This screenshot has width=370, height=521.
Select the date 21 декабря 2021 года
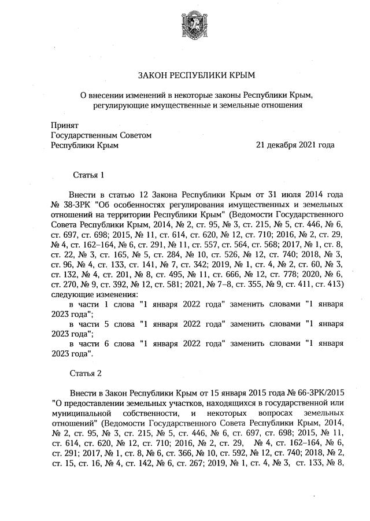[x=295, y=146]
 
